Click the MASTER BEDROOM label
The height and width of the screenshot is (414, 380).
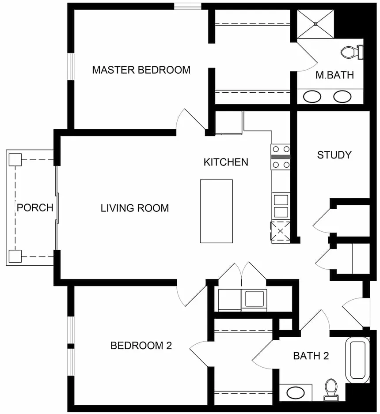141,70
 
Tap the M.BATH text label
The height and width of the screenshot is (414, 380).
334,75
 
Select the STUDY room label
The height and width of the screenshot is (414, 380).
334,155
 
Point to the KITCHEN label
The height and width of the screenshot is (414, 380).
226,162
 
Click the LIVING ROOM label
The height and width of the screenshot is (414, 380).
135,208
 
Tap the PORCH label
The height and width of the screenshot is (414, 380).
35,208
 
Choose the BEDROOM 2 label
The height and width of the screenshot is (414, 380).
141,346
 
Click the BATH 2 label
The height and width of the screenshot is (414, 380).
311,356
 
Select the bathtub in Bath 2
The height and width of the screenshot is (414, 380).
357,360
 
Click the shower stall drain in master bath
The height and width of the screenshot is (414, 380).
315,24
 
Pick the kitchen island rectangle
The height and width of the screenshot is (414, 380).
217,211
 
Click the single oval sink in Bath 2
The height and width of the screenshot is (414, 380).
296,393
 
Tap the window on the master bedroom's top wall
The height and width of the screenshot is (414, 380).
188,6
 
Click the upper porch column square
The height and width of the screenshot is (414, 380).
15,160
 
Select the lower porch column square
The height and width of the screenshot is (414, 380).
15,256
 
